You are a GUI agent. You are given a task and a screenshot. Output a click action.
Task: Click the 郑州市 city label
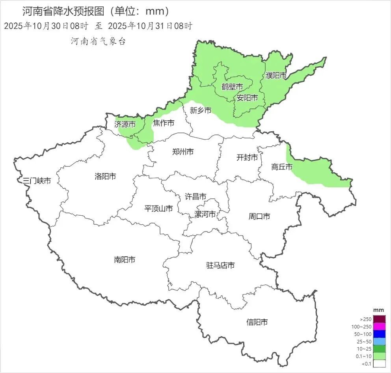point(183,152)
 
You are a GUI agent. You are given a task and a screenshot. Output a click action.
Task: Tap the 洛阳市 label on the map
point(105,176)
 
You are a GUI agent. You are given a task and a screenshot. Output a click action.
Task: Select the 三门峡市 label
point(37,181)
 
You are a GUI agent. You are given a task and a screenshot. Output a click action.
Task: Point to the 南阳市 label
point(125,260)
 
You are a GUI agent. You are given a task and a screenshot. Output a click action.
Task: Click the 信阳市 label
point(257,322)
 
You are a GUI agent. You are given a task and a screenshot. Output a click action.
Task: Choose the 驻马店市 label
point(220,265)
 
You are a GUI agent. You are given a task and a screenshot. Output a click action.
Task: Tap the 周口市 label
point(259,216)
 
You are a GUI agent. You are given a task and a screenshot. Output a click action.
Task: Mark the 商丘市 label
point(282,167)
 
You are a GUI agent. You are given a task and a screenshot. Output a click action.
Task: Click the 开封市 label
point(247,158)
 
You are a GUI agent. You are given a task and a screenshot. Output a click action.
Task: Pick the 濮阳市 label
point(276,75)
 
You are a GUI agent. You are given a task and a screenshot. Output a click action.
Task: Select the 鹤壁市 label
point(232,87)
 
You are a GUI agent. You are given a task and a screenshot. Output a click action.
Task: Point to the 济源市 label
point(125,124)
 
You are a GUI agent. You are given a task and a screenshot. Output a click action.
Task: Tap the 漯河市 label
point(205,214)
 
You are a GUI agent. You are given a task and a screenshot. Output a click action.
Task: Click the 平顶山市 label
point(158,209)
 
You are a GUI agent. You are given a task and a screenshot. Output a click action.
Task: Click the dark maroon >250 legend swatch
point(379,319)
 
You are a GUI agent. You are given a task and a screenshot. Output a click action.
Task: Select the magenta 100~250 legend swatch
point(379,326)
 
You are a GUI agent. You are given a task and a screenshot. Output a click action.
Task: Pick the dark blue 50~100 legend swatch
point(379,334)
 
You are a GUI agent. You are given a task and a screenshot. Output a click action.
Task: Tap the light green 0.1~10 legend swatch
point(379,356)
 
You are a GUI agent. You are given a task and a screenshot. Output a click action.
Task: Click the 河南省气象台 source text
point(98,41)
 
